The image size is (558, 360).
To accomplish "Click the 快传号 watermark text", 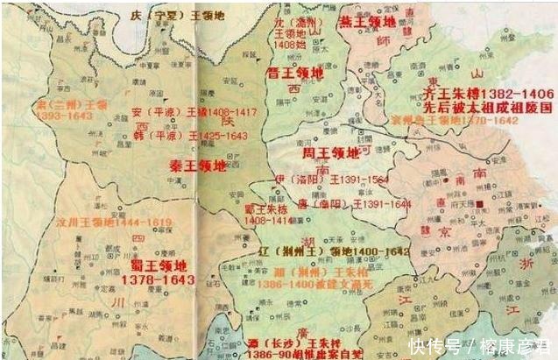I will pos(437,343).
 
